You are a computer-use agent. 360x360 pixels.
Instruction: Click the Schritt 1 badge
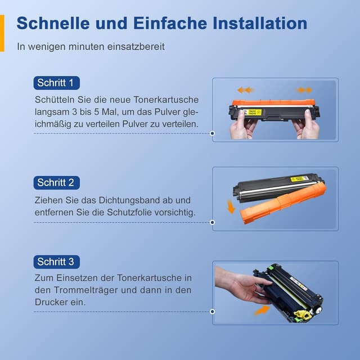pos(56,83)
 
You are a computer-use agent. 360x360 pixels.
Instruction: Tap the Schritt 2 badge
pos(56,182)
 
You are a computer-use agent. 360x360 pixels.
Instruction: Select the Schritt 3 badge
pos(56,262)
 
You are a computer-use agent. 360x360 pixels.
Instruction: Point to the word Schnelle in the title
pos(60,24)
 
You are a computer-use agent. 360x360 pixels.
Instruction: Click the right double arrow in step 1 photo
pos(304,90)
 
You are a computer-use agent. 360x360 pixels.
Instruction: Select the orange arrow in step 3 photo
pos(261,309)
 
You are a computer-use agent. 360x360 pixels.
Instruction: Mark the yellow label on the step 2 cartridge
pos(299,179)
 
